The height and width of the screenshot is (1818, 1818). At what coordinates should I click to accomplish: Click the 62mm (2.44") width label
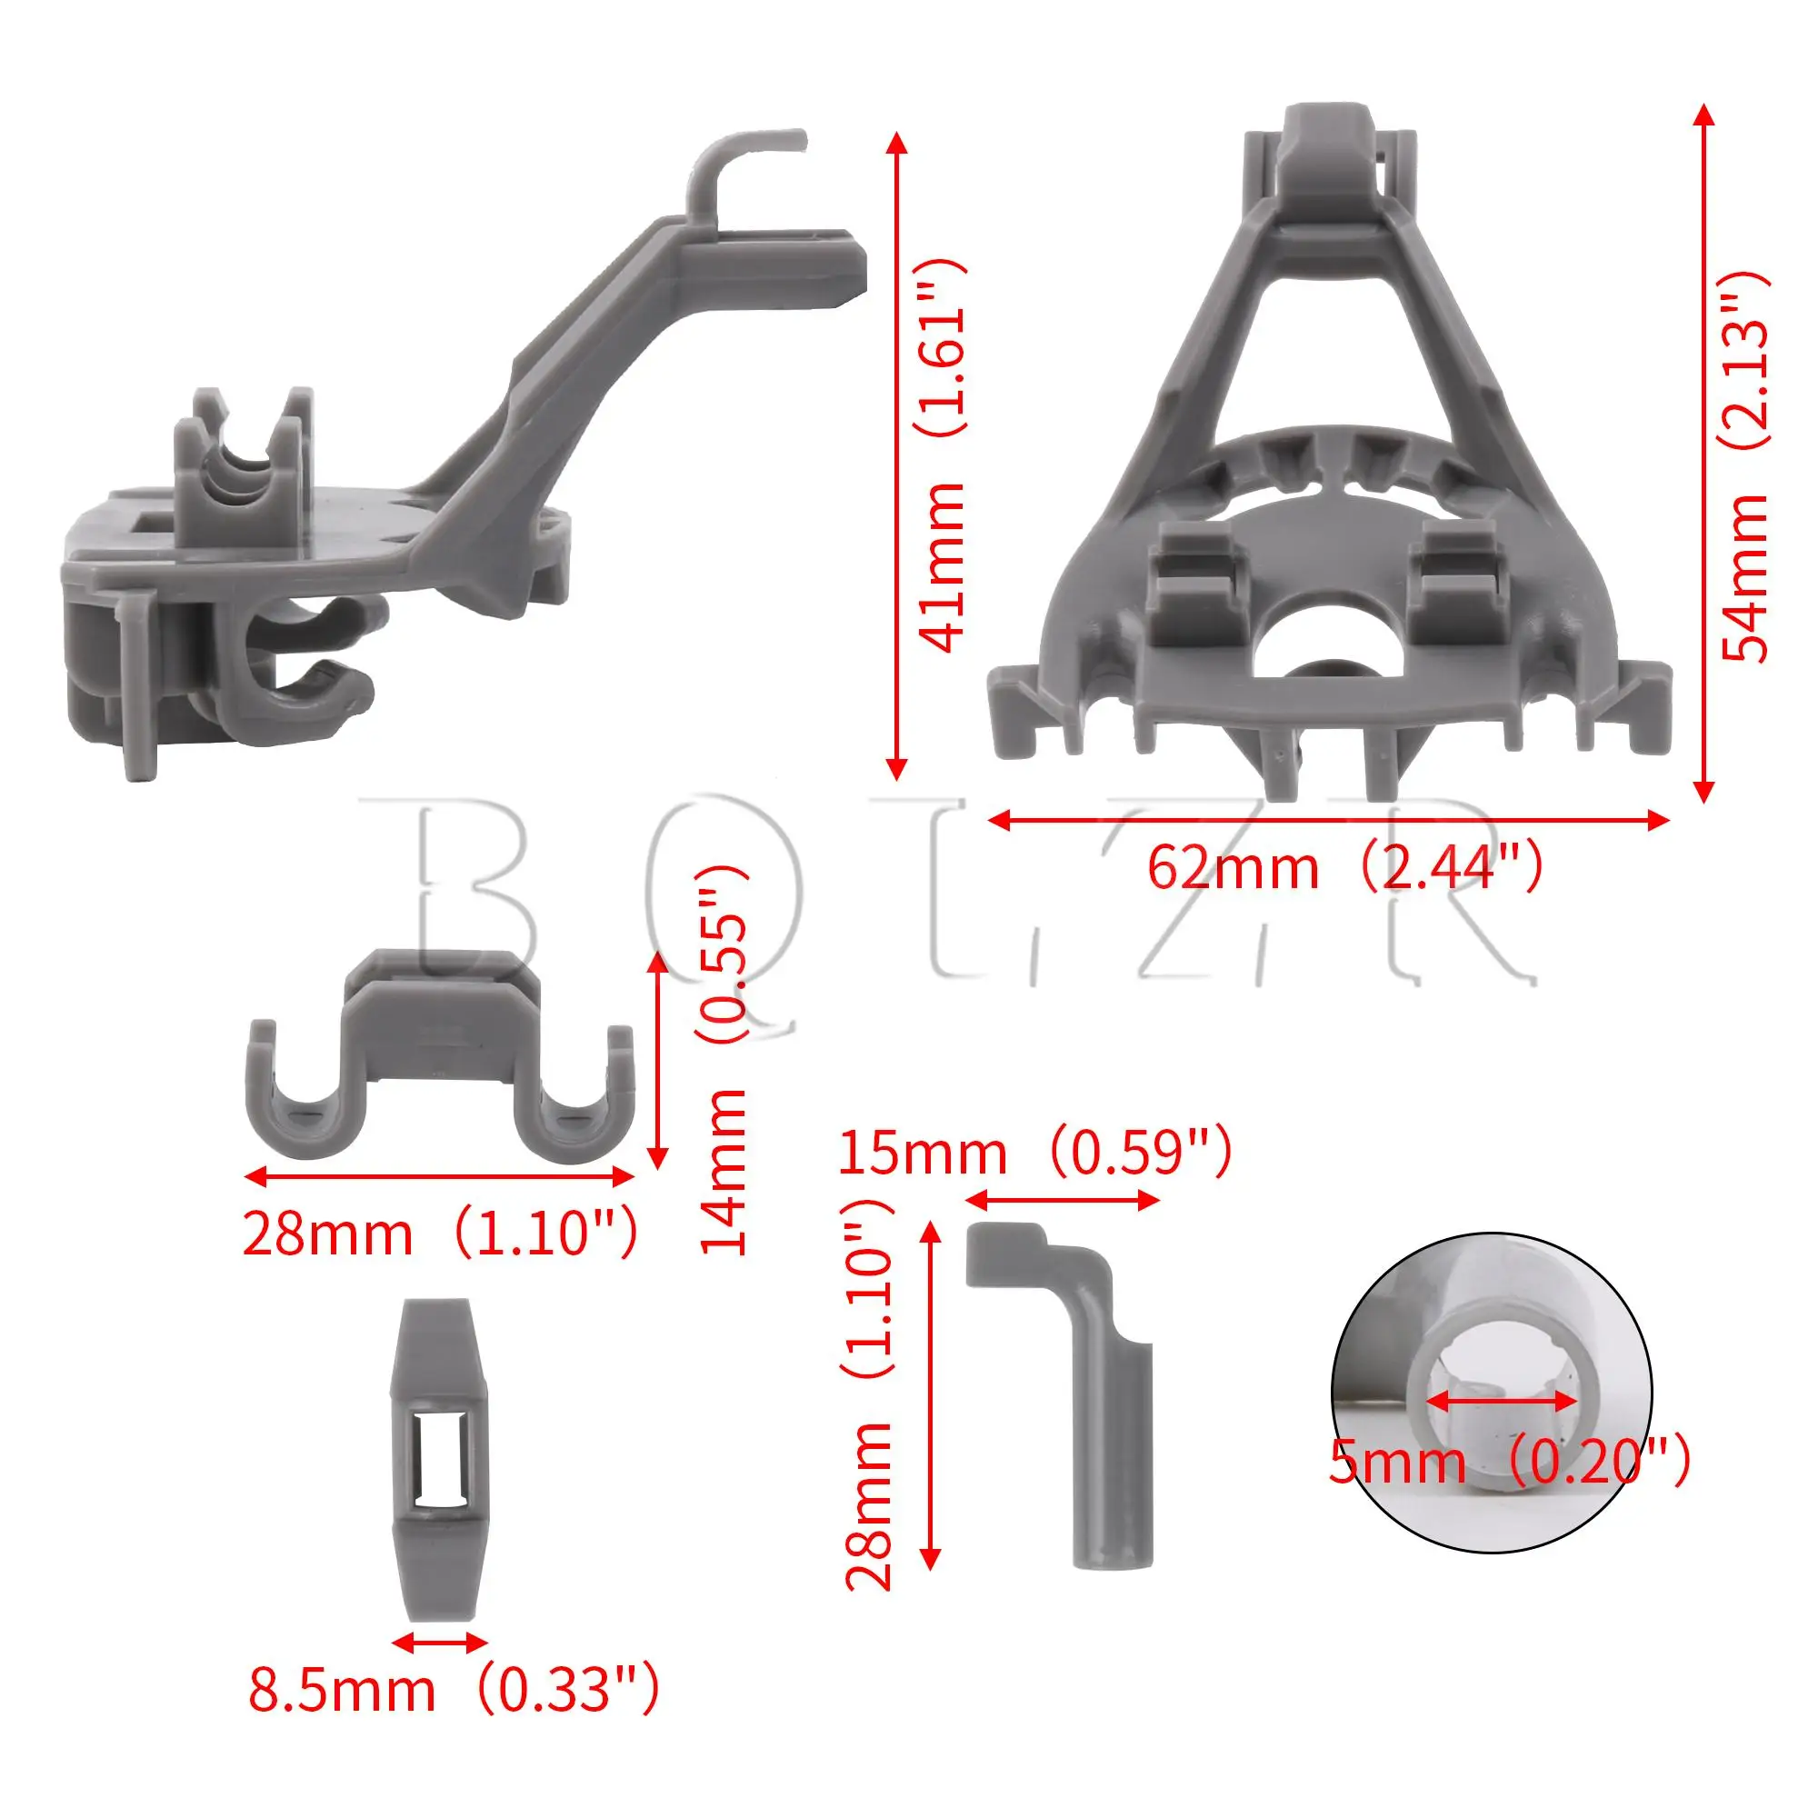pyautogui.click(x=1344, y=866)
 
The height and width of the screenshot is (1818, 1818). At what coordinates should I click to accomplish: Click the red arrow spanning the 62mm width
pyautogui.click(x=1329, y=821)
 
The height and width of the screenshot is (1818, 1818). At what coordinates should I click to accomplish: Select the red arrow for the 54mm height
pyautogui.click(x=1703, y=453)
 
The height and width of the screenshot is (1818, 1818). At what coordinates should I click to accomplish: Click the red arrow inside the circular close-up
pyautogui.click(x=1503, y=1427)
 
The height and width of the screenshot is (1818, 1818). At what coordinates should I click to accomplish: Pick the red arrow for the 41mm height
pyautogui.click(x=897, y=456)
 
